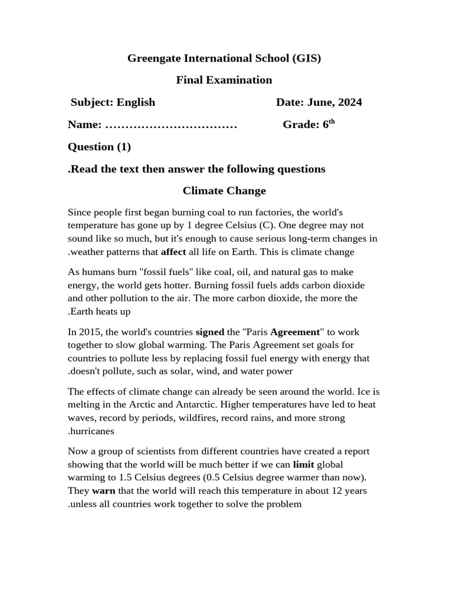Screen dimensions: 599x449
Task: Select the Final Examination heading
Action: pyautogui.click(x=224, y=80)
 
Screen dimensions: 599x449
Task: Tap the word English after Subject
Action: pyautogui.click(x=136, y=102)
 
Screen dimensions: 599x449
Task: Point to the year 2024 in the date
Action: pyautogui.click(x=350, y=102)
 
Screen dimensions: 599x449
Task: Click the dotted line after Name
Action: pyautogui.click(x=171, y=125)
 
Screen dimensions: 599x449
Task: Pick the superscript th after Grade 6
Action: pyautogui.click(x=331, y=122)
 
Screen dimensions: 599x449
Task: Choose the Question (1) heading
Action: pyautogui.click(x=99, y=147)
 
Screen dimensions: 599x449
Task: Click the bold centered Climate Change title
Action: pyautogui.click(x=224, y=191)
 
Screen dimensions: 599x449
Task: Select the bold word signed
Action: pyautogui.click(x=209, y=332)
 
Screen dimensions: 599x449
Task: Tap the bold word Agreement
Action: pyautogui.click(x=295, y=332)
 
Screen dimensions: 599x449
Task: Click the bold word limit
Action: pyautogui.click(x=303, y=464)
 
